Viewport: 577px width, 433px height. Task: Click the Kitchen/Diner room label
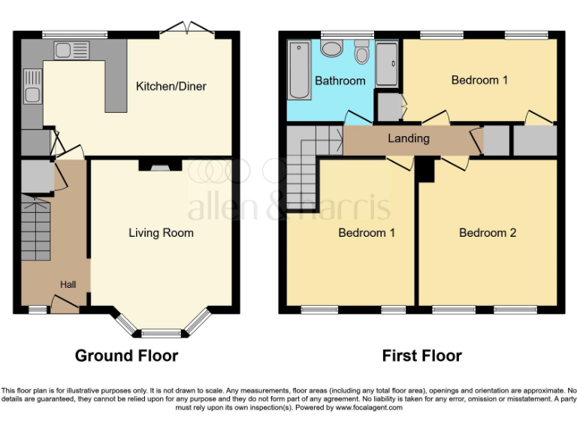coord(171,86)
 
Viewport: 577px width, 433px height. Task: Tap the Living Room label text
coord(161,233)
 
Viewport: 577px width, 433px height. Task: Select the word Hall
coord(68,285)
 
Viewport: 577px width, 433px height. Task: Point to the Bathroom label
coord(340,80)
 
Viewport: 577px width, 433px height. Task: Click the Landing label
coord(408,138)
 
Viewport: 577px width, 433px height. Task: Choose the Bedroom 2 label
coord(488,233)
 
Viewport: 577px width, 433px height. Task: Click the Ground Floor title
coord(126,356)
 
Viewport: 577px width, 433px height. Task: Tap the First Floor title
coord(421,356)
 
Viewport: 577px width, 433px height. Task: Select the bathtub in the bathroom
coord(298,71)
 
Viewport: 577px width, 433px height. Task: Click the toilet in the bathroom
coord(361,52)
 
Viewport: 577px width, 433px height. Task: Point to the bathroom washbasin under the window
coord(331,48)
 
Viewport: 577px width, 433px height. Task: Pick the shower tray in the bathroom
coord(387,63)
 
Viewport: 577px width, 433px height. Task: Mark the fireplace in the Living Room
coord(159,168)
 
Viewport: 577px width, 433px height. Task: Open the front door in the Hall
coord(65,304)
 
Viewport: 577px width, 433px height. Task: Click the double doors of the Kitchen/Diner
coord(185,29)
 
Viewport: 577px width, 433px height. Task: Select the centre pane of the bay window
coord(161,332)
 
